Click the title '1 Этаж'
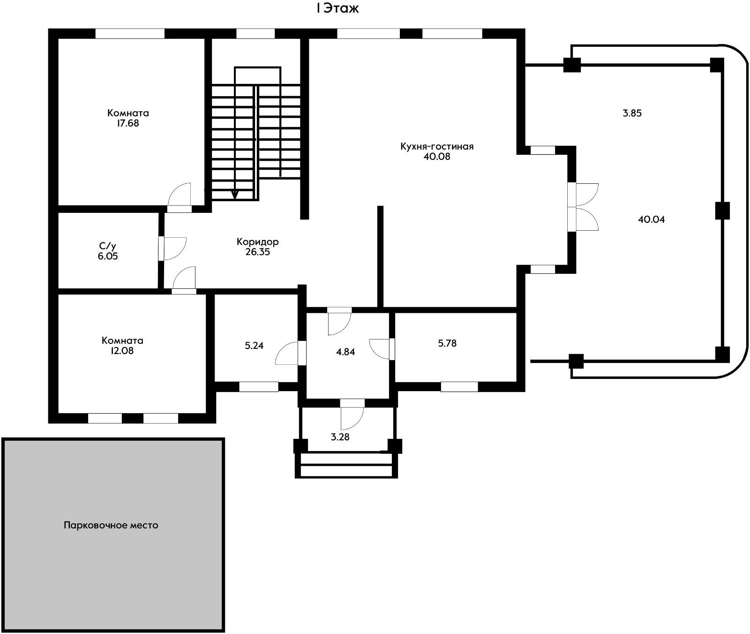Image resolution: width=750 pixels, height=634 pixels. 337,8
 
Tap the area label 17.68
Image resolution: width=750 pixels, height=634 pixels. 128,124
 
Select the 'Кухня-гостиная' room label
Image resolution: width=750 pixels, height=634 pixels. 437,146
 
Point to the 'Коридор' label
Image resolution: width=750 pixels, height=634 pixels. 257,242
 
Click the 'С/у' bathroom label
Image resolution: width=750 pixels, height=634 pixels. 107,246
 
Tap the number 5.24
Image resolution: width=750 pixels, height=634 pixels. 254,346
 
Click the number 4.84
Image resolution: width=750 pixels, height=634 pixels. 345,352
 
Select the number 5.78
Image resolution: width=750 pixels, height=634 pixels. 447,343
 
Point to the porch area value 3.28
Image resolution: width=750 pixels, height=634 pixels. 340,438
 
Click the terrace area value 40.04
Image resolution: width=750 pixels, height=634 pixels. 651,219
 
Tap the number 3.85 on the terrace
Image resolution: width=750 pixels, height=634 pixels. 631,113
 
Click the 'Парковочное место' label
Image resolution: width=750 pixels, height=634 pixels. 111,525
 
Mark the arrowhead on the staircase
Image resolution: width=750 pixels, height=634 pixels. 235,194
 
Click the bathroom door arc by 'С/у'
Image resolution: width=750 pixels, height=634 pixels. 175,248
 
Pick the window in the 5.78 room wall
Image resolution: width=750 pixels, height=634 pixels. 459,387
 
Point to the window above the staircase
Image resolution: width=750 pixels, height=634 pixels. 255,34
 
